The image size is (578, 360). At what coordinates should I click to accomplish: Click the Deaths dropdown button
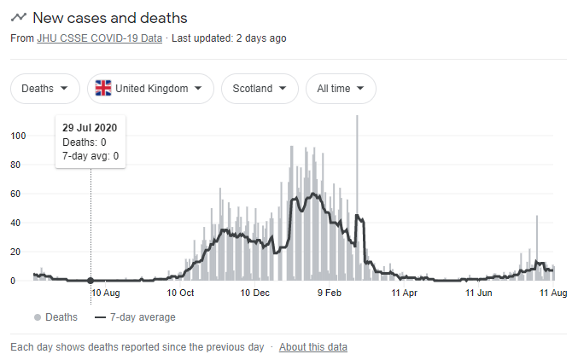click(44, 89)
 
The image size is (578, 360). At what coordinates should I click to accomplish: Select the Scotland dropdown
click(260, 89)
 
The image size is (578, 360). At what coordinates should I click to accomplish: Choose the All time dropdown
click(341, 89)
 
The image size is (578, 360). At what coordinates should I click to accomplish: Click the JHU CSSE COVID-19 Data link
click(99, 38)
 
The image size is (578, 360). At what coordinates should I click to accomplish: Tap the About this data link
click(312, 347)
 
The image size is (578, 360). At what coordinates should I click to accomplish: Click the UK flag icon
click(103, 89)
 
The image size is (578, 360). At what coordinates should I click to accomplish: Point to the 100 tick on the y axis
click(18, 136)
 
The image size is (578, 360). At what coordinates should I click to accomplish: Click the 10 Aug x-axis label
click(105, 293)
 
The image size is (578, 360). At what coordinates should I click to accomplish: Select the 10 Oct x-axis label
click(180, 293)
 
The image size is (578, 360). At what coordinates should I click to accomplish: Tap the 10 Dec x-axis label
click(255, 293)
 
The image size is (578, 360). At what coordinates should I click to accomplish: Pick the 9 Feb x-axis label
click(330, 293)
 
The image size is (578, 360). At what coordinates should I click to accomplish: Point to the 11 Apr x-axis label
click(405, 293)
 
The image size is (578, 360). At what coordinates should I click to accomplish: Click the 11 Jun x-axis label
click(479, 293)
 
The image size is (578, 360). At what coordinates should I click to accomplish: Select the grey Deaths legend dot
click(38, 317)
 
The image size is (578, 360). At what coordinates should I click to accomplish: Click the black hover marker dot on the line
click(90, 281)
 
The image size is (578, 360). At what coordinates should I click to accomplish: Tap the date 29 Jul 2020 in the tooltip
click(90, 128)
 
